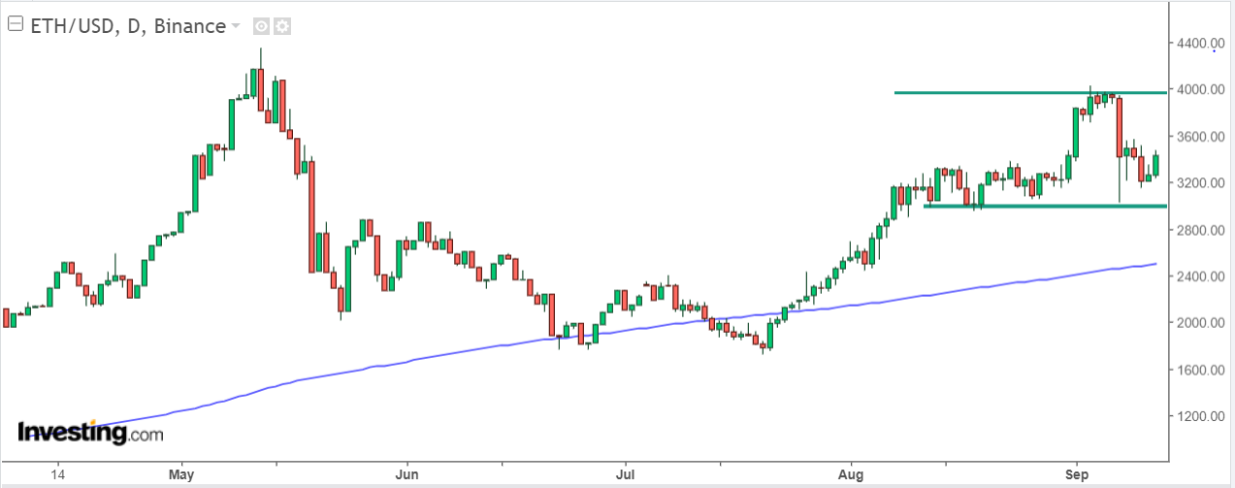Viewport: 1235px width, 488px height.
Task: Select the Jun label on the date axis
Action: (x=407, y=474)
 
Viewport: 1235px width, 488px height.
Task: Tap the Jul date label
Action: (x=626, y=474)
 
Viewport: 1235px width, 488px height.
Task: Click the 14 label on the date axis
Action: (x=57, y=474)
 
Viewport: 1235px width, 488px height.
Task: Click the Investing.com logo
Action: (x=90, y=433)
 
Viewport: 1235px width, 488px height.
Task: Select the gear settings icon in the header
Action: (x=282, y=26)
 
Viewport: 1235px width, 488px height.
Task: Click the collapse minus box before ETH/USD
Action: (x=16, y=25)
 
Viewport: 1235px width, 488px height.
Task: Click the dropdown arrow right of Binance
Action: (x=235, y=26)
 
